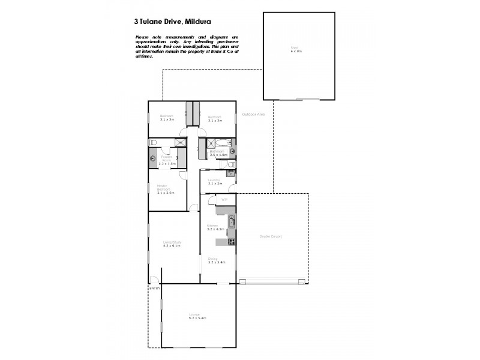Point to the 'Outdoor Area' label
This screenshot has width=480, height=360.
[253, 114]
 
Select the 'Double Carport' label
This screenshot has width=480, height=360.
[270, 236]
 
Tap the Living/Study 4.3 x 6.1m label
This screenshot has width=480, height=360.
[172, 244]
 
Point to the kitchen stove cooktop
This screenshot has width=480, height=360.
[230, 242]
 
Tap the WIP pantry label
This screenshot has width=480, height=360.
[223, 199]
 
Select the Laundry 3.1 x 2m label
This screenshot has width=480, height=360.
[214, 182]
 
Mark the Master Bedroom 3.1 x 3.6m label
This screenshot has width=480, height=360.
[165, 190]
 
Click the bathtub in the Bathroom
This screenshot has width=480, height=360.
[221, 143]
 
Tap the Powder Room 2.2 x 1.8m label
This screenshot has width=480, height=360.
[166, 161]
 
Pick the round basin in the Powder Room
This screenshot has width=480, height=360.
[152, 159]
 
